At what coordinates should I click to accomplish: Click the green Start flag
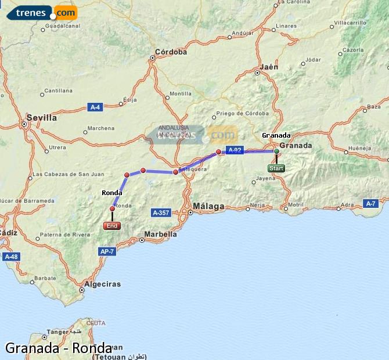point(276,168)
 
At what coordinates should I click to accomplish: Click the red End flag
point(112,226)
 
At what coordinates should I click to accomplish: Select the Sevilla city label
point(42,117)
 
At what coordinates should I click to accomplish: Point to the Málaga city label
point(208,206)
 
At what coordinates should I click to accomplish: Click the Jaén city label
point(269,67)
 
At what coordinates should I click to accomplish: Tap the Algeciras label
point(102,284)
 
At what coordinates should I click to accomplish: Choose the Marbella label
point(160,234)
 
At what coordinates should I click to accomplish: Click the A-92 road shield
point(235,150)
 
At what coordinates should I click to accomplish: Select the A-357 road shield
point(161,213)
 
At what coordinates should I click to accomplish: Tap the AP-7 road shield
point(107,251)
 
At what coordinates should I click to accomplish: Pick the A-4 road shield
point(95,107)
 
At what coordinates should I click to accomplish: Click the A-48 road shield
point(10,256)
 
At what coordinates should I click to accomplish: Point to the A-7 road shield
point(371,203)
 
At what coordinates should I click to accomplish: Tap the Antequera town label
point(193,169)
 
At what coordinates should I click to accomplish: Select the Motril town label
point(296,205)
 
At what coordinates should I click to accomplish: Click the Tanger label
point(57,332)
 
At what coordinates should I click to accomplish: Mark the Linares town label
point(287,26)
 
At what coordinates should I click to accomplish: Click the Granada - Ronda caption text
point(59,348)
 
